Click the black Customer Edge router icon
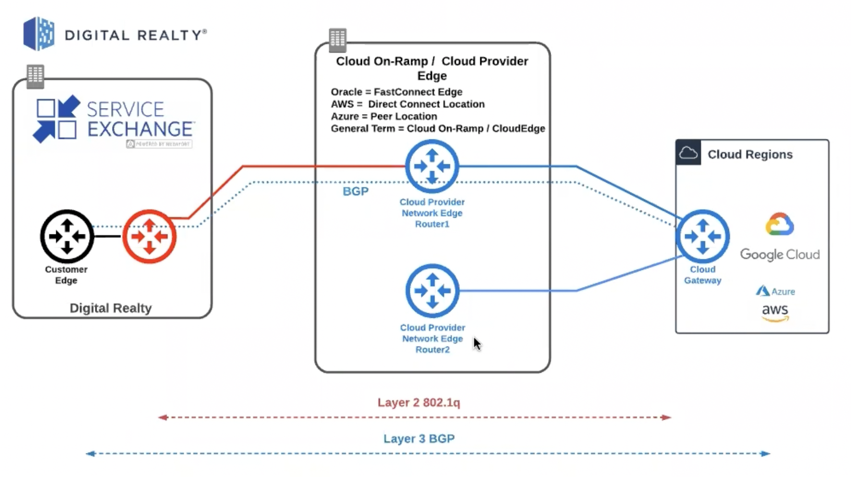67,236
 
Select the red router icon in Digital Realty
149,236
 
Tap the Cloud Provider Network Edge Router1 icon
432,166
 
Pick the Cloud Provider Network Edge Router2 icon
432,291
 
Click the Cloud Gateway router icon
702,236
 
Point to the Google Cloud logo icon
780,225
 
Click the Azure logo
763,291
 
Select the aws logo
775,312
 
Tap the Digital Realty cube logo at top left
39,34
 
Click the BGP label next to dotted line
356,192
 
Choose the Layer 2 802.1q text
419,402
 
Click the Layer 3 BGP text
419,439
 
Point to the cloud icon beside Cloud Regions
688,153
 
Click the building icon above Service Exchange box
35,76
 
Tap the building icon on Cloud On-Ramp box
337,39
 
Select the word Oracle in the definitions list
346,92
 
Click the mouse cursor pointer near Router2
477,343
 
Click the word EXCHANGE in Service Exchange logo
140,129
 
